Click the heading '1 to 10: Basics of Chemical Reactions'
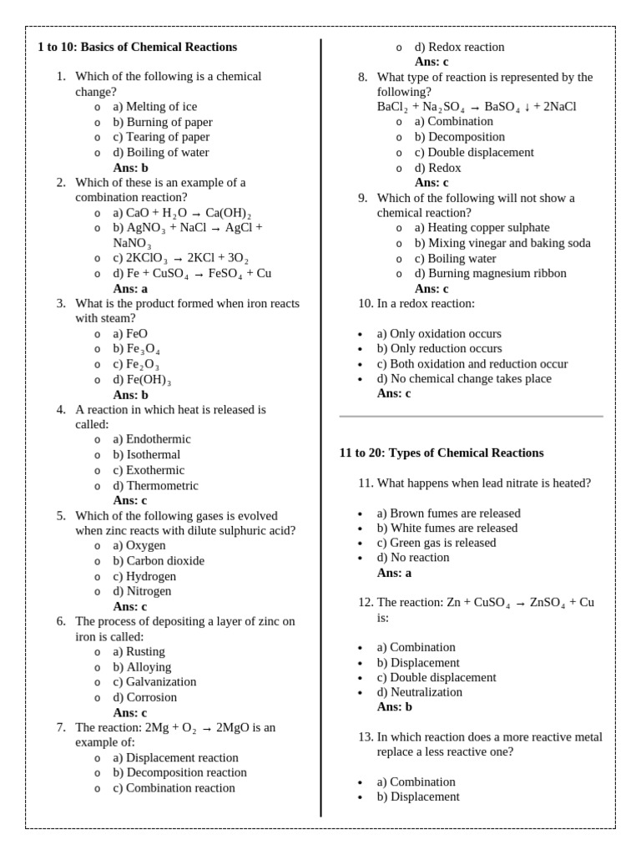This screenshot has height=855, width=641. pos(138,47)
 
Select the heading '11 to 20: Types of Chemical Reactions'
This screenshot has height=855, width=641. pos(442,453)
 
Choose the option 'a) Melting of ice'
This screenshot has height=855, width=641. pos(155,107)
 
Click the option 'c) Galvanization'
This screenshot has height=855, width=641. pos(154,682)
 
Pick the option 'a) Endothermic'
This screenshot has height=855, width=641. pos(152,439)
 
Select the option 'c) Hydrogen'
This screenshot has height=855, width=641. pos(144,576)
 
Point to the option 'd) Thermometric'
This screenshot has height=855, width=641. pos(155,485)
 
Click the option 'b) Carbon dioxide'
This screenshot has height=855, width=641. pos(159,561)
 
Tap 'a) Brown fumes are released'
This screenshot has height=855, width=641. pos(448,513)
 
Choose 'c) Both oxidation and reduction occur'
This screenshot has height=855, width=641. pos(472,364)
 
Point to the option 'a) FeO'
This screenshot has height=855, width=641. pos(130,334)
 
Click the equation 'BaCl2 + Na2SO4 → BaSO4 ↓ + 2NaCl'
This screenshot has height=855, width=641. pos(477,107)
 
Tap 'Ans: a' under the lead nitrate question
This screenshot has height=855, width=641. pos(394,573)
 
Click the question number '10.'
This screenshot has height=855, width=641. pos(366,303)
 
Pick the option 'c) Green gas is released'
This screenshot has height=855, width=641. pos(436,543)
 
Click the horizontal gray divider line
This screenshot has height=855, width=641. pos(471,416)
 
